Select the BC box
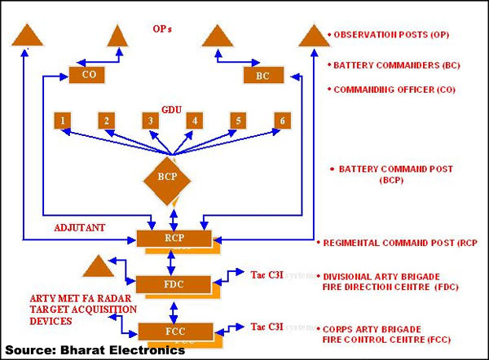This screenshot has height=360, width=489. click(x=263, y=75)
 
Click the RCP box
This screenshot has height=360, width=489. click(x=174, y=239)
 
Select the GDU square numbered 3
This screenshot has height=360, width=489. click(x=150, y=121)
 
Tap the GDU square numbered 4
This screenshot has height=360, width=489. click(x=194, y=121)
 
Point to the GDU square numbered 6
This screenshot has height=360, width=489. click(x=282, y=121)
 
